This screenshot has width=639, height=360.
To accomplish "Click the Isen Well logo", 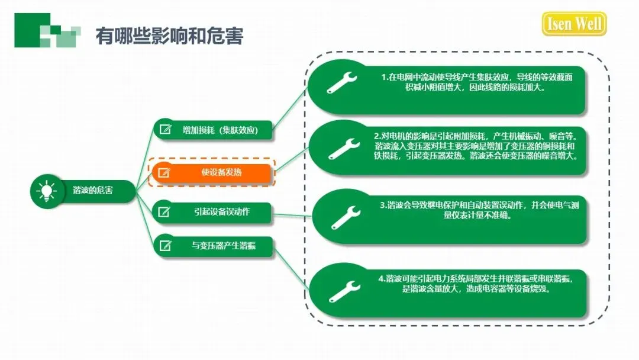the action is (x=574, y=24).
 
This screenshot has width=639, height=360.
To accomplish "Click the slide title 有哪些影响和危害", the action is (x=169, y=36).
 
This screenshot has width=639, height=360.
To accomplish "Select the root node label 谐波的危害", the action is (x=93, y=191).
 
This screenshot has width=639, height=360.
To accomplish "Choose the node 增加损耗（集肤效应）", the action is (x=220, y=130).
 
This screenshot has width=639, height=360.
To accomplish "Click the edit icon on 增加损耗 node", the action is (x=166, y=130).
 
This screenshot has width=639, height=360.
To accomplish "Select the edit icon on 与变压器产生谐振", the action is (x=166, y=246).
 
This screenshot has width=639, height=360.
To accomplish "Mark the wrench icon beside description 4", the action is (x=344, y=290).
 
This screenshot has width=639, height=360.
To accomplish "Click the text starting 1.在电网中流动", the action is (x=476, y=82).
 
